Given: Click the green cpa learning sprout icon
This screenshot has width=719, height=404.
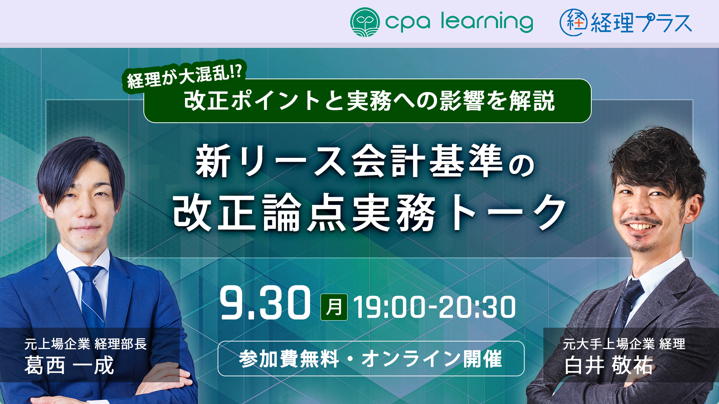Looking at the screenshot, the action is pos(365,22).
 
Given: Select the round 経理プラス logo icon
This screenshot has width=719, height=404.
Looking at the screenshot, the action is pos(574,22).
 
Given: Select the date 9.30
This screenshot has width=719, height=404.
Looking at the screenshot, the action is pos(265,303).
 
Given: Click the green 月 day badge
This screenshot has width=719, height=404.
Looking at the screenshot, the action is pos(334,307).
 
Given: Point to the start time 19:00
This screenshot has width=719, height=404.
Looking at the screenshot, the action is pos(389,307).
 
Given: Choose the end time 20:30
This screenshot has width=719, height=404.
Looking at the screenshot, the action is pos(477,307).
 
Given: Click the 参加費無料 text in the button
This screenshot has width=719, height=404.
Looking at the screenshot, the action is pos(289,359).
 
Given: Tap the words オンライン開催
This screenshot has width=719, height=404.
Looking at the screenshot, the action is pos(431,359).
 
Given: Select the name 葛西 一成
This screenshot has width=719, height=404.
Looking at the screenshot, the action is pos(69,365).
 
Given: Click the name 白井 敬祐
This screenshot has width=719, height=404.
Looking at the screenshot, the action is pos(609,365).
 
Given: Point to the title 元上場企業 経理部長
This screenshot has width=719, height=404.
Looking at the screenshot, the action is pos(86,344).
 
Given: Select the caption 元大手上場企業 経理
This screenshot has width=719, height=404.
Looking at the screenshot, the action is pos(624,344).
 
